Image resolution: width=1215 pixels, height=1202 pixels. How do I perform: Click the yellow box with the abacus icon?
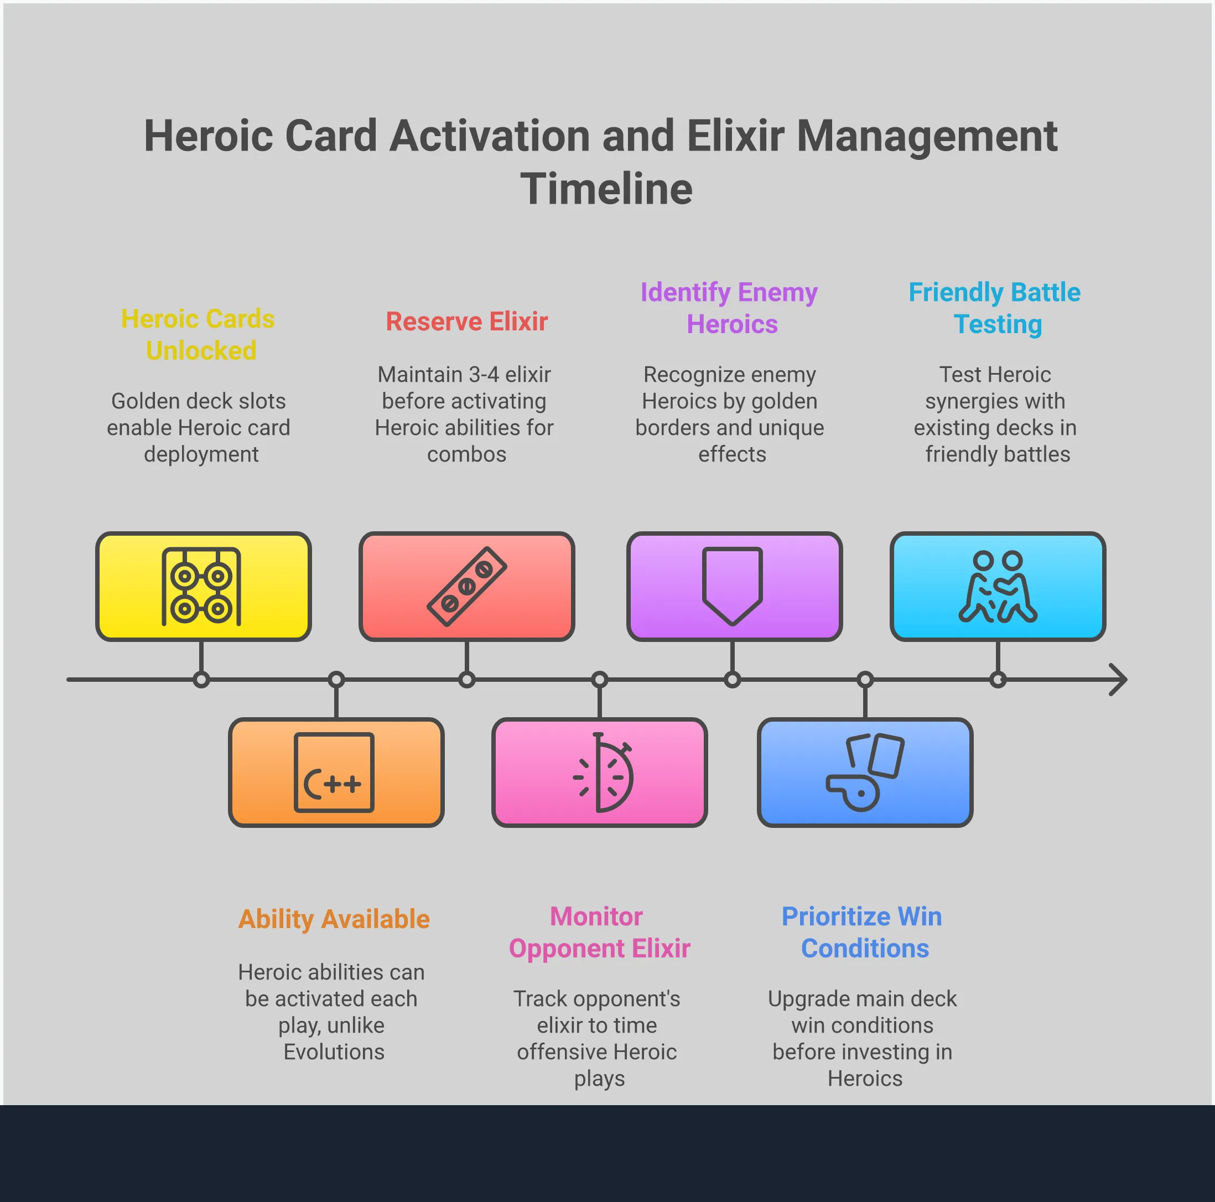pyautogui.click(x=203, y=586)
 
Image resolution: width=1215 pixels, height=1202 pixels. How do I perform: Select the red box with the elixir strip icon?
pyautogui.click(x=466, y=586)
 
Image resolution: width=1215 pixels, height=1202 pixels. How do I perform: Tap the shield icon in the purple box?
pyautogui.click(x=732, y=586)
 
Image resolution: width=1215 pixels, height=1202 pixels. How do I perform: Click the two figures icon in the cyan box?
pyautogui.click(x=998, y=587)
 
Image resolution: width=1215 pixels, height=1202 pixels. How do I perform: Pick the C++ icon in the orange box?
pyautogui.click(x=334, y=772)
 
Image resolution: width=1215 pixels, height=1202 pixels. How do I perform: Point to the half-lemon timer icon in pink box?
pyautogui.click(x=603, y=772)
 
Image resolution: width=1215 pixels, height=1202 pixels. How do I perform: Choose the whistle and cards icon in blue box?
pyautogui.click(x=865, y=772)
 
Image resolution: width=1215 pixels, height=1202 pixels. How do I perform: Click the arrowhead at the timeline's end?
pyautogui.click(x=1118, y=680)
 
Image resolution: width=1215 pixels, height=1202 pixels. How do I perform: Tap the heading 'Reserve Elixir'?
pyautogui.click(x=466, y=322)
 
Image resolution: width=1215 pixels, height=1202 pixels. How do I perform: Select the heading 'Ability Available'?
pyautogui.click(x=334, y=919)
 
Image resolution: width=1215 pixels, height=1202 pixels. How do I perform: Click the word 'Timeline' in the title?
pyautogui.click(x=606, y=189)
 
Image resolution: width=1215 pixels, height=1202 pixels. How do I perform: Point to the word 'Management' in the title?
pyautogui.click(x=927, y=136)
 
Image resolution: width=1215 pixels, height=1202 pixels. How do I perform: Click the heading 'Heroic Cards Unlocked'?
pyautogui.click(x=199, y=335)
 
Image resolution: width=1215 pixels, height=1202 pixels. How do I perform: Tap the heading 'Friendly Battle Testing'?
pyautogui.click(x=995, y=308)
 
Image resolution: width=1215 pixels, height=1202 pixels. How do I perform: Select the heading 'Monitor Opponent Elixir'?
pyautogui.click(x=599, y=932)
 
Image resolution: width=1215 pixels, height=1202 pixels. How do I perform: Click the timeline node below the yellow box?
pyautogui.click(x=201, y=680)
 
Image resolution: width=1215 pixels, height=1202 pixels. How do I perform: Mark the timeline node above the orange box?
pyautogui.click(x=336, y=680)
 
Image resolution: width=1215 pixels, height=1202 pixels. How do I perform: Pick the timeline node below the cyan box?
pyautogui.click(x=998, y=680)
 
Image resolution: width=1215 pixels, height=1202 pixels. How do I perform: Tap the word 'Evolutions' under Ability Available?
pyautogui.click(x=334, y=1051)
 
